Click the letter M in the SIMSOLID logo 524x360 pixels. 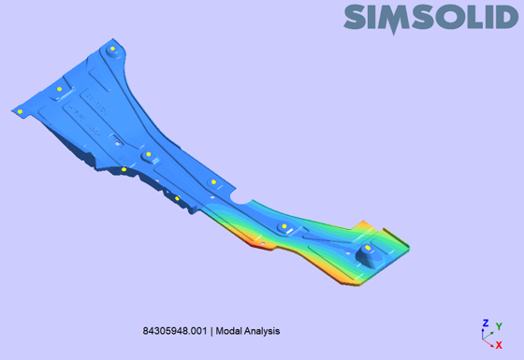coord(395,18)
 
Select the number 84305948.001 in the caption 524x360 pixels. coord(175,331)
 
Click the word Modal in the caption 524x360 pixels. coord(228,331)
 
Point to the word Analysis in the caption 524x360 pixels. coord(262,331)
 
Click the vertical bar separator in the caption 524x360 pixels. coord(211,331)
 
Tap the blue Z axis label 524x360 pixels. coord(486,323)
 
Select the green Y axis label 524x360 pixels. coord(499,326)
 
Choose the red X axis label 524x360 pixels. coord(499,345)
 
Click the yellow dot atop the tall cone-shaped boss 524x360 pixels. coord(368,248)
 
